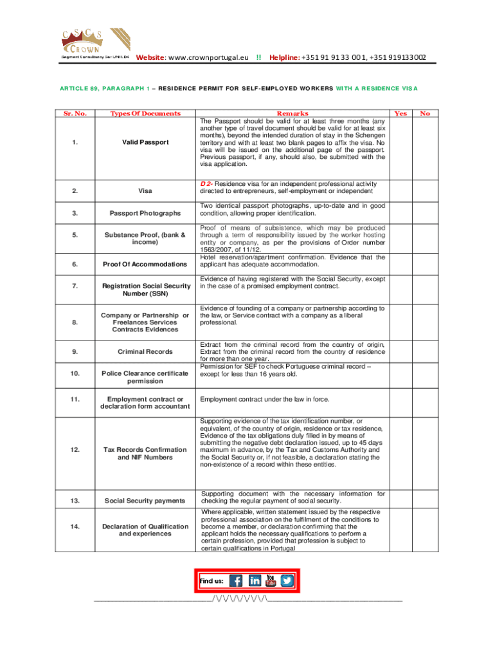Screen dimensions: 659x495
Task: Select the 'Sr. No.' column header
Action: [76, 113]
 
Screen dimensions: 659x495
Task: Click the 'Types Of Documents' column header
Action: [145, 113]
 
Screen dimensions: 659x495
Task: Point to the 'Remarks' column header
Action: [292, 113]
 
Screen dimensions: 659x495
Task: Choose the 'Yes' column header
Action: [401, 113]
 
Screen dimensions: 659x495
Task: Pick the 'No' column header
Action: [425, 113]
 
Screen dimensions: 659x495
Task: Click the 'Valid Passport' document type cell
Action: [145, 142]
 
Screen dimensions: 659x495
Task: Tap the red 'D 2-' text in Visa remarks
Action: [208, 183]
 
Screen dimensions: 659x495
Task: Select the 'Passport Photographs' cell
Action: [145, 212]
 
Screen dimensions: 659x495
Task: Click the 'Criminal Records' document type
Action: [145, 351]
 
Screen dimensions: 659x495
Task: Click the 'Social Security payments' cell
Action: [145, 501]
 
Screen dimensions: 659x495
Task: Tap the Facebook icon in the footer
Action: [237, 580]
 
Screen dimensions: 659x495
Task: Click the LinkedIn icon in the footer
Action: [255, 580]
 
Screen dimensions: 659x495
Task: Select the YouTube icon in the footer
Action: [271, 580]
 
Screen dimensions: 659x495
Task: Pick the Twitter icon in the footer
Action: [287, 580]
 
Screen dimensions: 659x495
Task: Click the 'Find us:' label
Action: [212, 581]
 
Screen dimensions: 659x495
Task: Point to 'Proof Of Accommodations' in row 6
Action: [145, 265]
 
